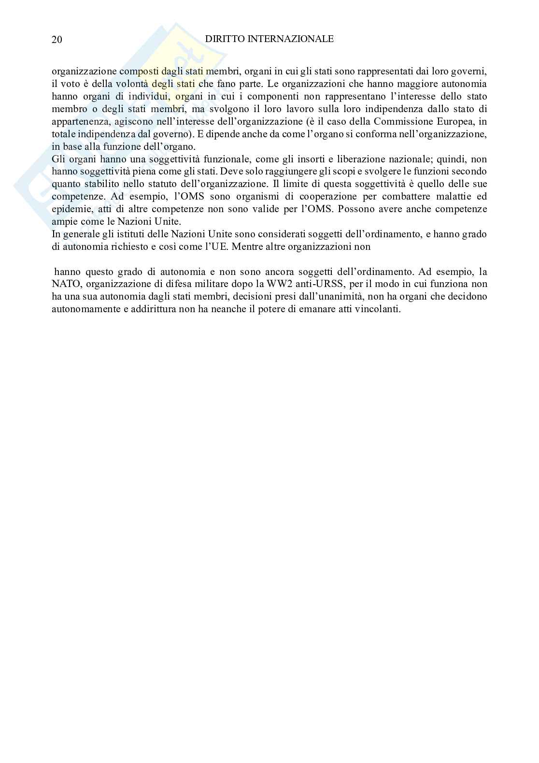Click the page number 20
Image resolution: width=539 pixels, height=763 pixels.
(57, 40)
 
